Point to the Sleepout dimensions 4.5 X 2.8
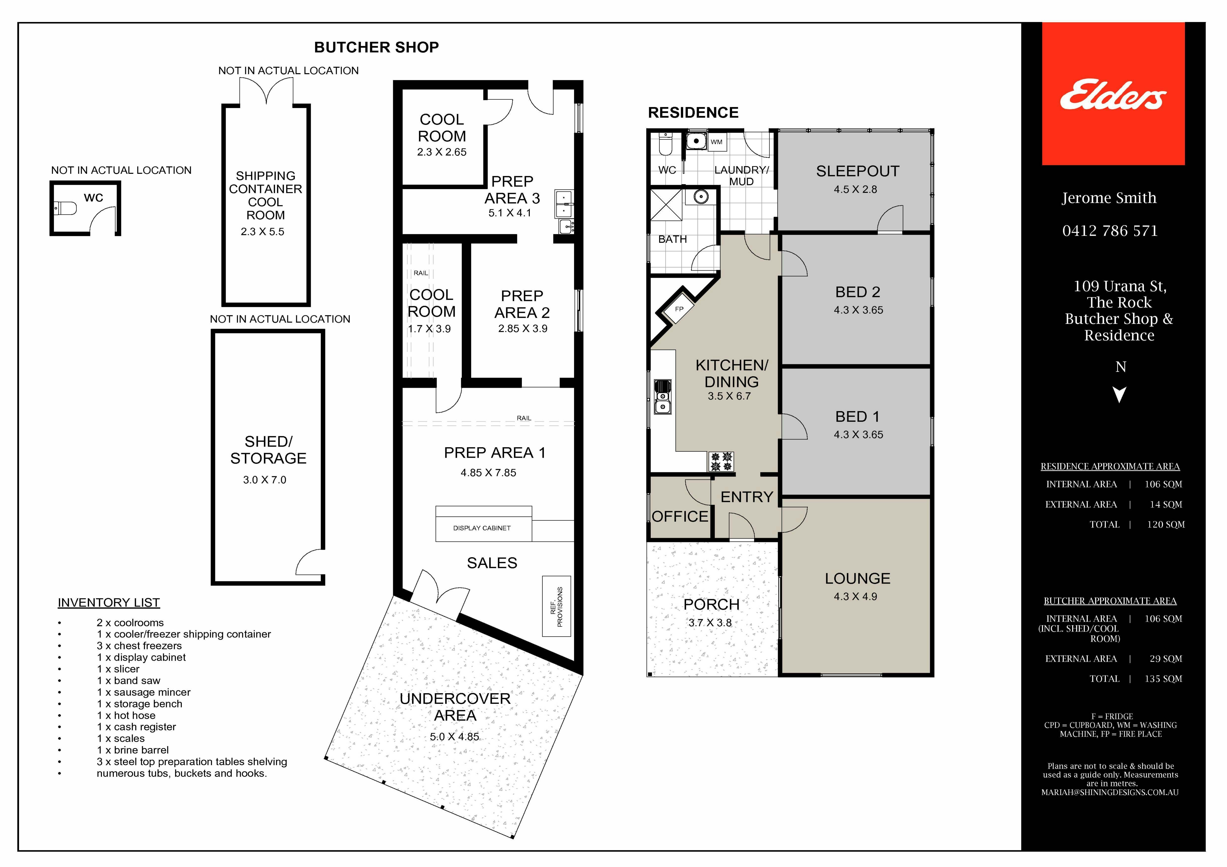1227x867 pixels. (x=855, y=189)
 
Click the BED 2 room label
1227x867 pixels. (x=857, y=292)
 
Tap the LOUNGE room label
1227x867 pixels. (x=857, y=578)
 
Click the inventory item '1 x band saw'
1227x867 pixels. (x=128, y=681)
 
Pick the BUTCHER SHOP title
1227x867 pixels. (x=376, y=47)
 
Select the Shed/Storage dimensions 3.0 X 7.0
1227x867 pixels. (x=265, y=480)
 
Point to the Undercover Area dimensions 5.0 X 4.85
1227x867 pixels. (x=454, y=737)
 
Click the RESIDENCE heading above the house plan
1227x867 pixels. (x=693, y=113)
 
